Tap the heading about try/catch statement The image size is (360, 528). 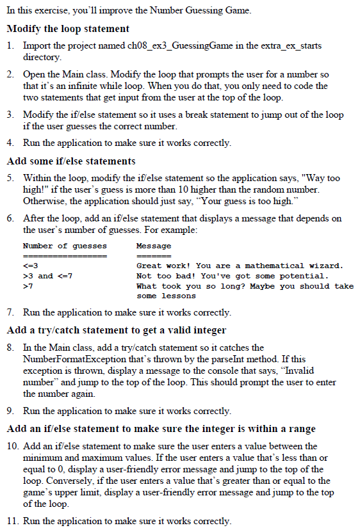pyautogui.click(x=116, y=330)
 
